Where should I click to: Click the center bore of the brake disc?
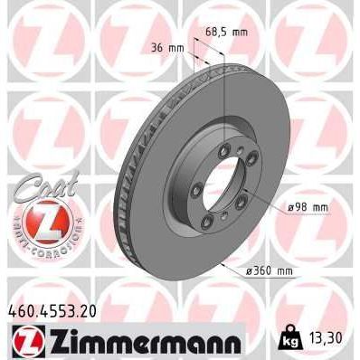click(x=214, y=185)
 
